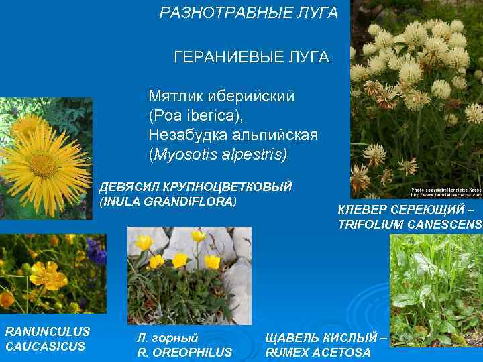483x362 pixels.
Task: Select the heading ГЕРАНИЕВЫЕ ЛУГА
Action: point(252,58)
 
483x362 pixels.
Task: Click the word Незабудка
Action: point(190,135)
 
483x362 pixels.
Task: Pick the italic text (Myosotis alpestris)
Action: point(217,155)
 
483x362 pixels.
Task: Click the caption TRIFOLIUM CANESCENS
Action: point(410,224)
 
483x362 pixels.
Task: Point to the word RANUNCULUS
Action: point(47,331)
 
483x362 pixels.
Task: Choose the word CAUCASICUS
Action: point(45,346)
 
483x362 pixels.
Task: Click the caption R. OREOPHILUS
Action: point(184,352)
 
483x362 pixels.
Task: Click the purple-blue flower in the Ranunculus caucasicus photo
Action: point(96,251)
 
